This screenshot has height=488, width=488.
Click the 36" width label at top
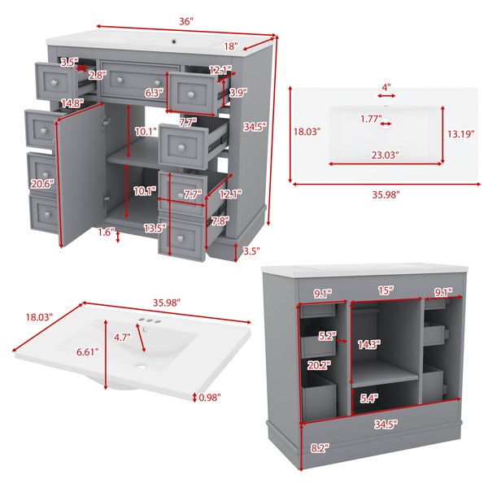coord(185,21)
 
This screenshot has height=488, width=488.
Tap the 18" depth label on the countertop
coord(231,46)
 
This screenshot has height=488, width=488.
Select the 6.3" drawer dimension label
coord(154,93)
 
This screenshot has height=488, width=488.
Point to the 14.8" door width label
coord(72,103)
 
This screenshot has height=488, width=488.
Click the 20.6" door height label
coord(42,184)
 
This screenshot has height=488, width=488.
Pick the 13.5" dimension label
coord(155,228)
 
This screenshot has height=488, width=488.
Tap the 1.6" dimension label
coord(107,232)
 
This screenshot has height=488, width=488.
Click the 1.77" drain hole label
coord(371,119)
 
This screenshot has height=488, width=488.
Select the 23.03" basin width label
coord(385,155)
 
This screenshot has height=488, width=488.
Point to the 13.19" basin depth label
coord(461,134)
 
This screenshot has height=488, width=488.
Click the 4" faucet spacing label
coord(386,87)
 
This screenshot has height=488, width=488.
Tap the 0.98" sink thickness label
coord(210,397)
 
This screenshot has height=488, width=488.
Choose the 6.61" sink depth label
coord(88,352)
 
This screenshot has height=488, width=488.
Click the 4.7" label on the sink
coord(122,337)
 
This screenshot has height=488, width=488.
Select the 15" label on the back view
coord(386,290)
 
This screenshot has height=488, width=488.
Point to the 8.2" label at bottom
coord(320,448)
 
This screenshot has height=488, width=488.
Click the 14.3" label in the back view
coord(369,345)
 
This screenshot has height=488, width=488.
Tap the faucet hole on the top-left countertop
coord(174,41)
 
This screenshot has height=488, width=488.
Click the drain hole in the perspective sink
coord(142,367)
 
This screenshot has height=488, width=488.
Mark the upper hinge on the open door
coord(106,120)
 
